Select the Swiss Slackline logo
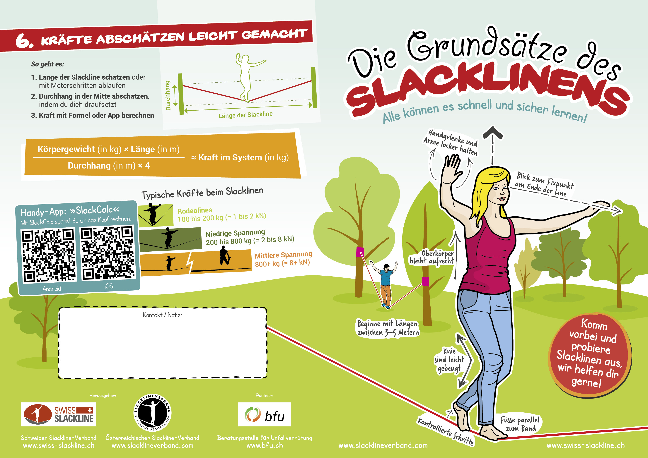coord(58,414)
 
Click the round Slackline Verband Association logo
coord(152,413)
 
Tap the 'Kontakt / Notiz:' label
coord(162,315)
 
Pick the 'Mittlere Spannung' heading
coord(283,255)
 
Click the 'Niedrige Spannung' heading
coord(235,233)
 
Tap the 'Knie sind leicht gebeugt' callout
coord(449,360)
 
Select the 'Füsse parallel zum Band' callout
coord(520,424)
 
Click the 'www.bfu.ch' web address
coord(265,446)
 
